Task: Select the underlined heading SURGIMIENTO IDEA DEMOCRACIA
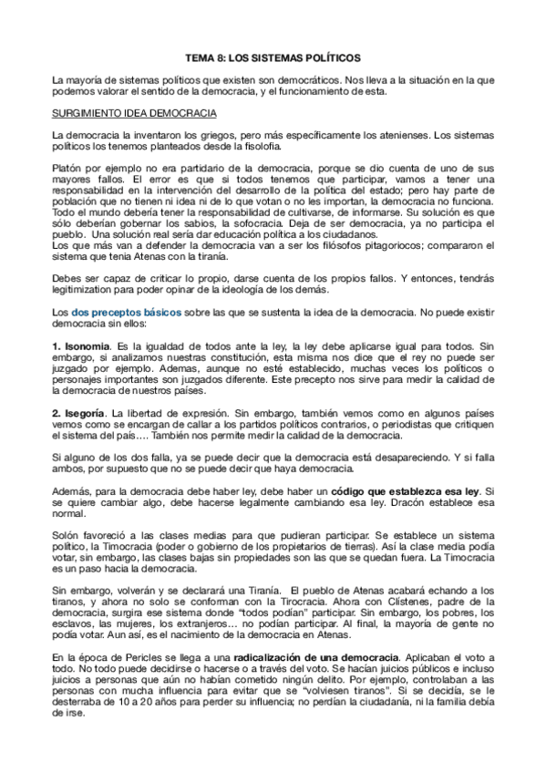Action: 134,113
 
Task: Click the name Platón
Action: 68,170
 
